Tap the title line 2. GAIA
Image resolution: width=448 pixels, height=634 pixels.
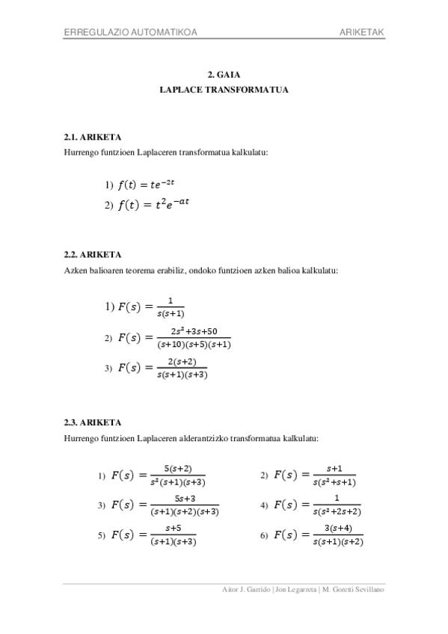click(x=224, y=76)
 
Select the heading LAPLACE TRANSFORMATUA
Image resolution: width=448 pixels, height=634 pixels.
click(x=224, y=89)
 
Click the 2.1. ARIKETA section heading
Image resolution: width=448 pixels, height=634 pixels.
click(x=93, y=138)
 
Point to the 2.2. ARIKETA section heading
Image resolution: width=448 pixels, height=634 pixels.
click(x=93, y=254)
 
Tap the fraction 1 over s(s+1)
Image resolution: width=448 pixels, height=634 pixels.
click(x=172, y=307)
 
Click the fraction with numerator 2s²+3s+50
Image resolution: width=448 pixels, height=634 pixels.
click(x=194, y=338)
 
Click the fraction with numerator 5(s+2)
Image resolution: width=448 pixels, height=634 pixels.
click(x=177, y=475)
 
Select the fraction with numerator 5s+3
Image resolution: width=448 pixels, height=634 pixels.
click(x=184, y=505)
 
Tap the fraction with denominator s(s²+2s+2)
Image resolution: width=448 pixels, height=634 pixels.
click(x=337, y=505)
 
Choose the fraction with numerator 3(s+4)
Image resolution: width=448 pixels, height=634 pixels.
click(x=338, y=535)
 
